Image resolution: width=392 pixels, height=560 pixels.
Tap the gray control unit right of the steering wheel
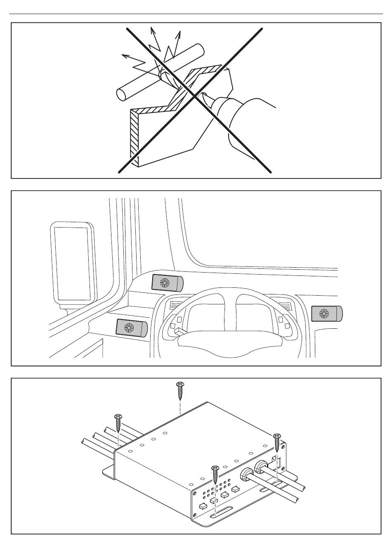pyautogui.click(x=327, y=314)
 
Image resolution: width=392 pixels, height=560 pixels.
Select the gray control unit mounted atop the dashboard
pyautogui.click(x=167, y=283)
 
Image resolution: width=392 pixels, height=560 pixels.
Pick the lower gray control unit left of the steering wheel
pyautogui.click(x=132, y=328)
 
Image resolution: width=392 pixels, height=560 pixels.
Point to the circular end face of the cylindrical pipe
pyautogui.click(x=121, y=94)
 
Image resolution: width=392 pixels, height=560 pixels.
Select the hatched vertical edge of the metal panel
pyautogui.click(x=134, y=136)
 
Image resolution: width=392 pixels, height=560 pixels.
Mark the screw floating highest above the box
pyautogui.click(x=180, y=390)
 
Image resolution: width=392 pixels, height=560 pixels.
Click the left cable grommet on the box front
pyautogui.click(x=246, y=474)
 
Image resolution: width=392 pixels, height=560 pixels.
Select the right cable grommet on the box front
pyautogui.click(x=261, y=467)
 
